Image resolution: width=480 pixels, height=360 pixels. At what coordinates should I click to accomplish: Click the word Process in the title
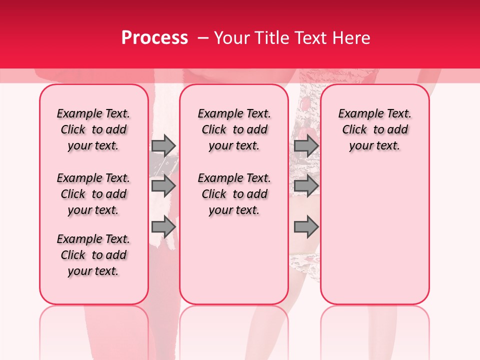(x=154, y=38)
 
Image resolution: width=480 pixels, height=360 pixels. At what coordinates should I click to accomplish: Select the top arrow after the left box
(x=163, y=145)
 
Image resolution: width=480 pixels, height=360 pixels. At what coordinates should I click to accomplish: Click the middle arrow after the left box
(x=163, y=186)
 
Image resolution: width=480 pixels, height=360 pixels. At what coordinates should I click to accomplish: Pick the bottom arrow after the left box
(x=163, y=226)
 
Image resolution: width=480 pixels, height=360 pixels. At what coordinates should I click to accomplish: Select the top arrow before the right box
(x=306, y=145)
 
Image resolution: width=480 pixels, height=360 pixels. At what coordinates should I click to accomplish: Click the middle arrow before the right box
(x=306, y=186)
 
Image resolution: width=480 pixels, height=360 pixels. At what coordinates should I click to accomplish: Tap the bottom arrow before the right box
(x=306, y=226)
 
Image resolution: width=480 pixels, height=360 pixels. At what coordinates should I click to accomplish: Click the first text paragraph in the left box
(x=93, y=129)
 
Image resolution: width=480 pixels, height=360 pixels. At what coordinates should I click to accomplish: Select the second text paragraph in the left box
(x=93, y=194)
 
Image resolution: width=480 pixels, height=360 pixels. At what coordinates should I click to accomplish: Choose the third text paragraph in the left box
(x=93, y=255)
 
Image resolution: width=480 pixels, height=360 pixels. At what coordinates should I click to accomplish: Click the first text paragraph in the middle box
(x=234, y=129)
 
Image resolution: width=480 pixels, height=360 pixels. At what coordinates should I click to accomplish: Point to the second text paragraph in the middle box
(x=234, y=194)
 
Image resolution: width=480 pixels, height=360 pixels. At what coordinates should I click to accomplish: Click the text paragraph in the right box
(x=374, y=129)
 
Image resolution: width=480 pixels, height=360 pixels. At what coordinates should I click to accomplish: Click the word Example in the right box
(x=357, y=113)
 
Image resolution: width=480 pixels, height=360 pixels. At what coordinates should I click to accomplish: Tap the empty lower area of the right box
(x=374, y=235)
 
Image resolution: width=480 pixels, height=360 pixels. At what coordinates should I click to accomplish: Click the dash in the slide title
(x=202, y=38)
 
